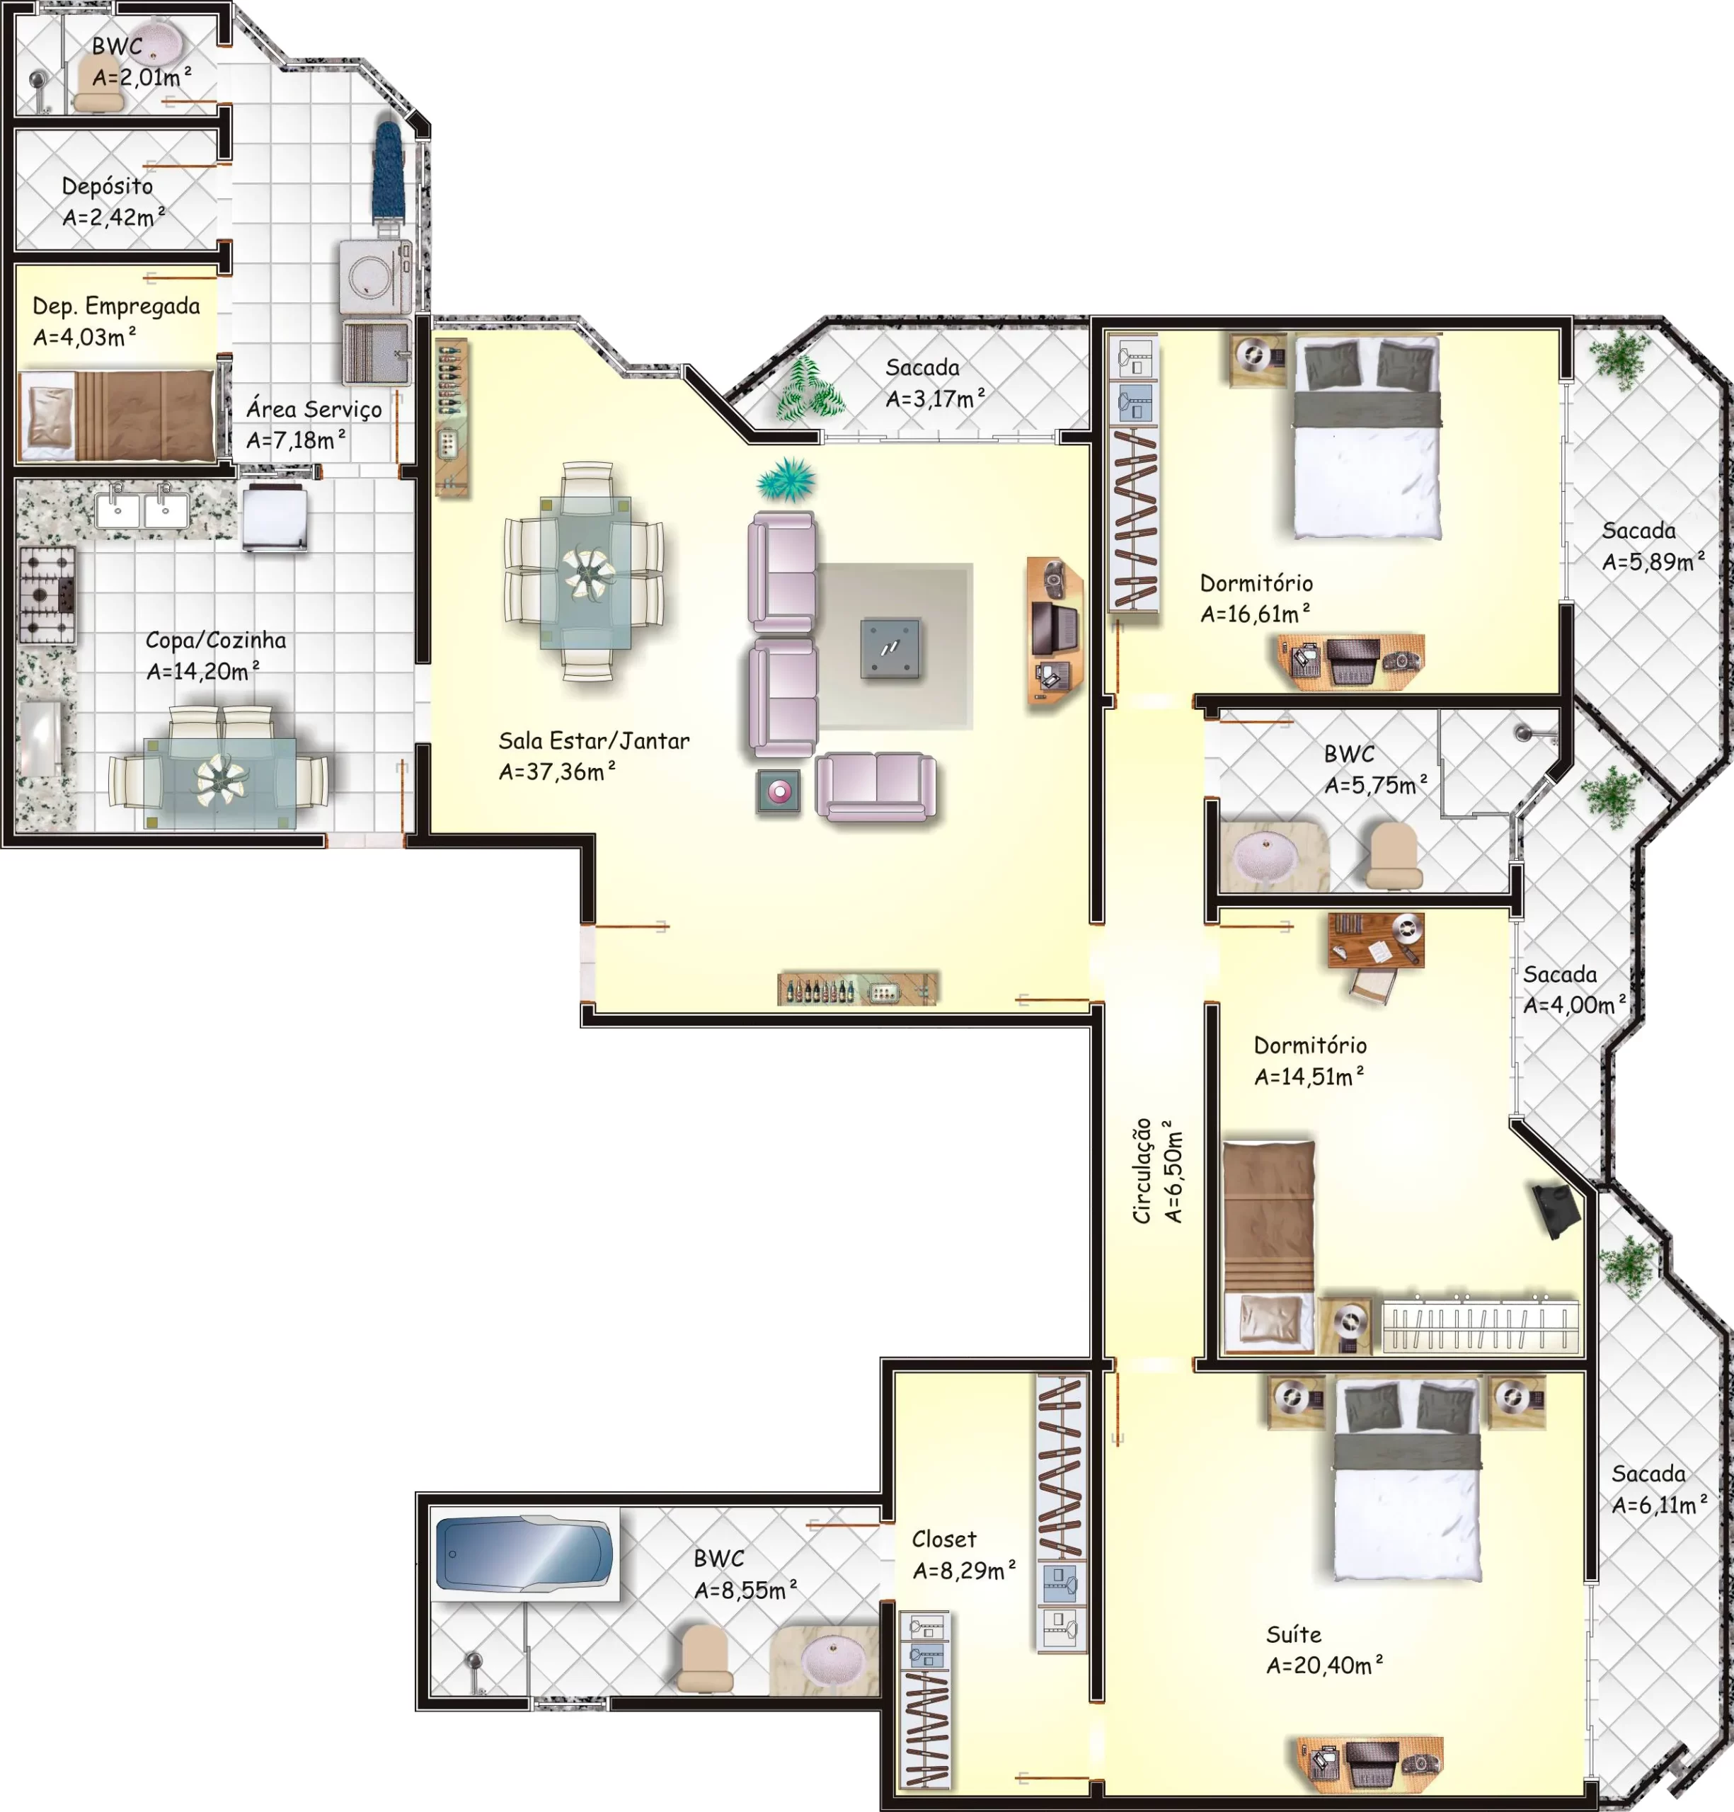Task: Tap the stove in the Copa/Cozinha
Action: pyautogui.click(x=46, y=595)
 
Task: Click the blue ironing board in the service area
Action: pyautogui.click(x=389, y=172)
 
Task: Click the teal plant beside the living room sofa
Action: pyautogui.click(x=786, y=480)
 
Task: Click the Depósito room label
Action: pyautogui.click(x=107, y=187)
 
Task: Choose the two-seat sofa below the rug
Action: pyautogui.click(x=875, y=787)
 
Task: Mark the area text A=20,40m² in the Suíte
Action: pyautogui.click(x=1324, y=1665)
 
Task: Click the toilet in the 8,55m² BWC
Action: pyautogui.click(x=704, y=1659)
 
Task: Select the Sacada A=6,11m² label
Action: pyautogui.click(x=1659, y=1489)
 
